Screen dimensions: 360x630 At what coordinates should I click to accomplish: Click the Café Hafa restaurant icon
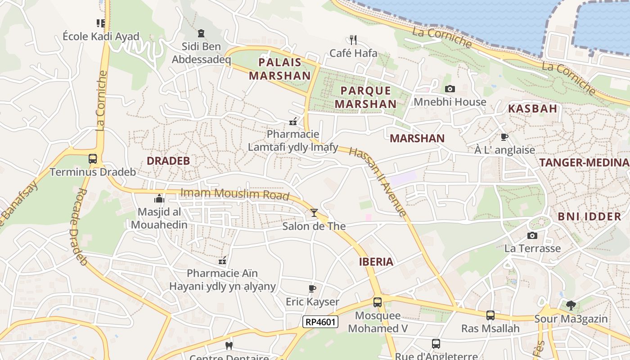click(x=353, y=40)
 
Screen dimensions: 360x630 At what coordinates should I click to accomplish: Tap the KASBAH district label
click(x=532, y=108)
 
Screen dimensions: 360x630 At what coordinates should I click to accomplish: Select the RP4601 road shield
click(x=320, y=321)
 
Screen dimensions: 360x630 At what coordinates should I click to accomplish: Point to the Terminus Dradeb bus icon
click(x=93, y=159)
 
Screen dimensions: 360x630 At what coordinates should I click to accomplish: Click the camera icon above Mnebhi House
click(x=450, y=89)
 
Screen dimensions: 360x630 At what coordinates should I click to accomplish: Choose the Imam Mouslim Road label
click(x=234, y=194)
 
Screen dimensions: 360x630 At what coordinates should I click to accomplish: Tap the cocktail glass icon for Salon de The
click(x=314, y=212)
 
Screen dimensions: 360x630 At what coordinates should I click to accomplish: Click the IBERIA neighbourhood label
click(x=376, y=262)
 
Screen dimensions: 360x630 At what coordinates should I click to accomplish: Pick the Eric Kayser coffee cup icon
click(x=312, y=288)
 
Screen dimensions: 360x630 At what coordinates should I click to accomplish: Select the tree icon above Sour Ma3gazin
click(x=571, y=306)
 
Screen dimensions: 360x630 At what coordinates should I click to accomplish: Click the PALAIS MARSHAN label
click(x=280, y=69)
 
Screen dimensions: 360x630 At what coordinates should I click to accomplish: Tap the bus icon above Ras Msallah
click(x=490, y=315)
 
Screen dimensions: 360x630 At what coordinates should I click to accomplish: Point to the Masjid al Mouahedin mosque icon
click(x=159, y=198)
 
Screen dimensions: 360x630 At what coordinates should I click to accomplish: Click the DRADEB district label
click(x=168, y=161)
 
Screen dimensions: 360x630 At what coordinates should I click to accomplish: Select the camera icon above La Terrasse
click(x=532, y=235)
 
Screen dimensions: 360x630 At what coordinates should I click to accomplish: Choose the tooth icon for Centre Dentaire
click(x=229, y=346)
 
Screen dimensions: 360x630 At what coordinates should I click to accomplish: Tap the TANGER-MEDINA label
click(x=584, y=163)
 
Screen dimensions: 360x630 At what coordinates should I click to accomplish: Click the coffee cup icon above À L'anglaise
click(x=504, y=137)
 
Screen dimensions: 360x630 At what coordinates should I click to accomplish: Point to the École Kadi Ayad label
click(x=101, y=36)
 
